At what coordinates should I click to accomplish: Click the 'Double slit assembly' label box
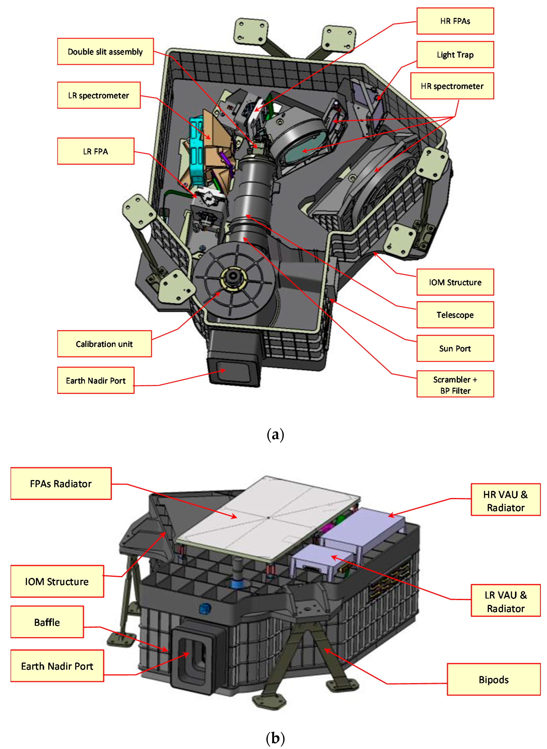[105, 52]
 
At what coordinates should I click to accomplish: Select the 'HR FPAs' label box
[455, 21]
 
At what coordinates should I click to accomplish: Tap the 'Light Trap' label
[455, 55]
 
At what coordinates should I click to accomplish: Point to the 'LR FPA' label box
[96, 151]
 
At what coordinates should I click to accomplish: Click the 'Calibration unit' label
[104, 344]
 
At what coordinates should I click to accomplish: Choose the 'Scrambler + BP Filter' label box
[455, 384]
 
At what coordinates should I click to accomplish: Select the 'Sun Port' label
[455, 348]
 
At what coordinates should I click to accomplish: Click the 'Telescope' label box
[455, 315]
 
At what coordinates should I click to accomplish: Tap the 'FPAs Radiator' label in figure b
[61, 484]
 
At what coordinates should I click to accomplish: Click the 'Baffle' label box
[47, 622]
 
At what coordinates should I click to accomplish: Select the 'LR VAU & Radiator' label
[505, 602]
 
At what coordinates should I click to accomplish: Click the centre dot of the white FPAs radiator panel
[268, 517]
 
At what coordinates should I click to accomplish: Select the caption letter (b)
[275, 738]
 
